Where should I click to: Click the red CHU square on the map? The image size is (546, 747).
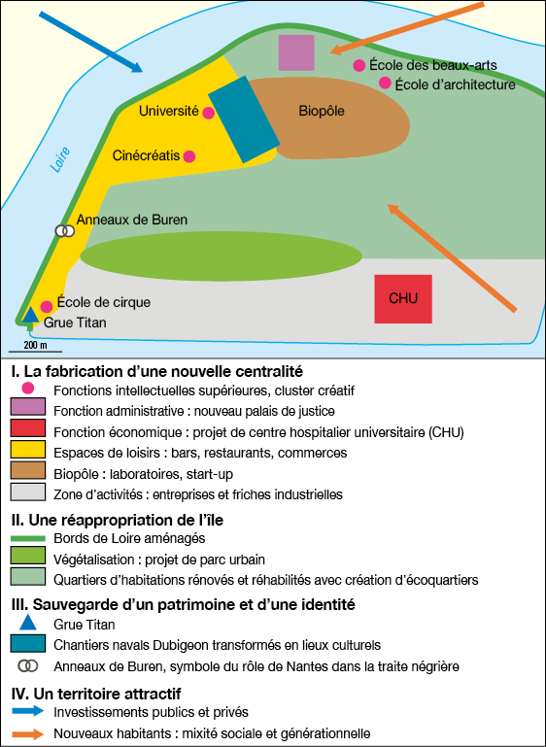click(403, 299)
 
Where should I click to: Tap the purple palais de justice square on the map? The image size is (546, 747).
click(296, 52)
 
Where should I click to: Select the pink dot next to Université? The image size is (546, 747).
click(208, 113)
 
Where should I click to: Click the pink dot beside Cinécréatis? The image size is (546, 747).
click(189, 156)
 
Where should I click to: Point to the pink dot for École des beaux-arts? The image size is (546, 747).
click(359, 66)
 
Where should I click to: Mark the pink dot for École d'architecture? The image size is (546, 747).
click(385, 83)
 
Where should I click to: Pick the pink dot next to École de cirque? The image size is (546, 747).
click(47, 306)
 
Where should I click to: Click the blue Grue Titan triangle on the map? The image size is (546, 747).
click(30, 316)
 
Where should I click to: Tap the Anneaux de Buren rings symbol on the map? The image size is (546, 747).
click(65, 231)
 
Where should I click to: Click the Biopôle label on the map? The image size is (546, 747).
click(322, 111)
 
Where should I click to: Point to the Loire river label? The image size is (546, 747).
click(60, 159)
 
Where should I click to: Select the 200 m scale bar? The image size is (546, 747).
click(35, 352)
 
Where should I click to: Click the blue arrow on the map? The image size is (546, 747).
click(90, 42)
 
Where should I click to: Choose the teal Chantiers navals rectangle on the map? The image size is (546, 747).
click(244, 119)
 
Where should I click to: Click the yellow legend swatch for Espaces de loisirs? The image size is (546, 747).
click(27, 449)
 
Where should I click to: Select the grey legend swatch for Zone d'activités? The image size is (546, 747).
click(27, 492)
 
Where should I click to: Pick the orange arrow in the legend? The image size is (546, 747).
click(27, 733)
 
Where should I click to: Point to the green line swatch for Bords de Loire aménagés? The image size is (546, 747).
click(27, 538)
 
